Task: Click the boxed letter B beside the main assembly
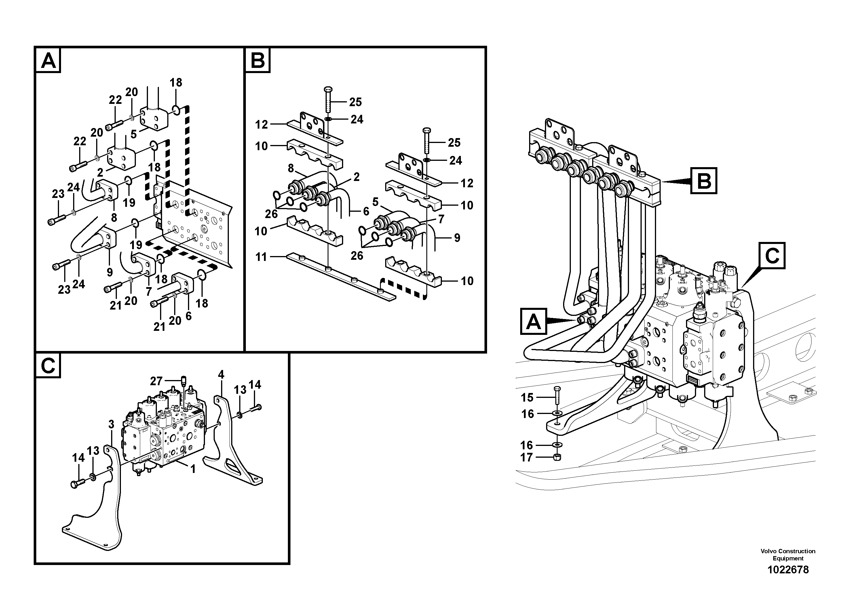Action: coord(704,181)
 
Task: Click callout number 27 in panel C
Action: coord(156,381)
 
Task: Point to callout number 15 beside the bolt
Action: coord(527,398)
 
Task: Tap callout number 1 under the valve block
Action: coord(193,469)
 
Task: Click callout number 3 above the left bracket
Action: coord(111,424)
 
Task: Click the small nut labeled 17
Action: coord(556,457)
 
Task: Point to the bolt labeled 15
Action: coord(556,395)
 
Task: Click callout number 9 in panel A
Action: coord(110,272)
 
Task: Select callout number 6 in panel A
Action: coord(189,316)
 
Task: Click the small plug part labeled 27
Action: coord(183,381)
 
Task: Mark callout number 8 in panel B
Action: coord(291,168)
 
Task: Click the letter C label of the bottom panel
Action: coord(48,366)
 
